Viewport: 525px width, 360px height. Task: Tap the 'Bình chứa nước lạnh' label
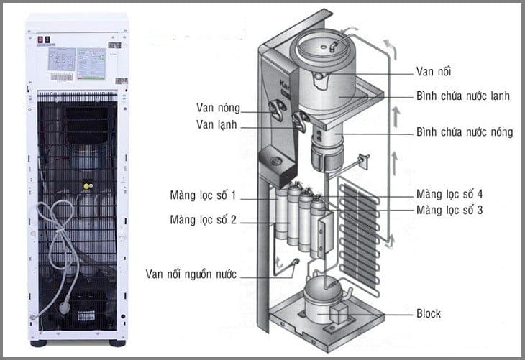(x=464, y=96)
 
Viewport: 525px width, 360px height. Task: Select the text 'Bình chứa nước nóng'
(x=465, y=132)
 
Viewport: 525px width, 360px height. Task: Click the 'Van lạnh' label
(x=216, y=126)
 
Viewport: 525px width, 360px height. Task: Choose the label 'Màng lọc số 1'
(x=203, y=196)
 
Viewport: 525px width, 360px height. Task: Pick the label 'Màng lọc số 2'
(x=203, y=219)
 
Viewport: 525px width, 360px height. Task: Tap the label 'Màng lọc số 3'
(x=449, y=210)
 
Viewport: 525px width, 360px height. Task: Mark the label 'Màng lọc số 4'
(x=449, y=194)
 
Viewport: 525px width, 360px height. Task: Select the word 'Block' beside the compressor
(x=429, y=314)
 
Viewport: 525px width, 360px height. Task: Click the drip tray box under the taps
(x=276, y=165)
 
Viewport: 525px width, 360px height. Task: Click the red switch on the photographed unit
(x=40, y=41)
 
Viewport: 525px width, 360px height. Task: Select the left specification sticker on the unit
(x=60, y=64)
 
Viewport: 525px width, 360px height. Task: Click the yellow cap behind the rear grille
(x=88, y=183)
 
